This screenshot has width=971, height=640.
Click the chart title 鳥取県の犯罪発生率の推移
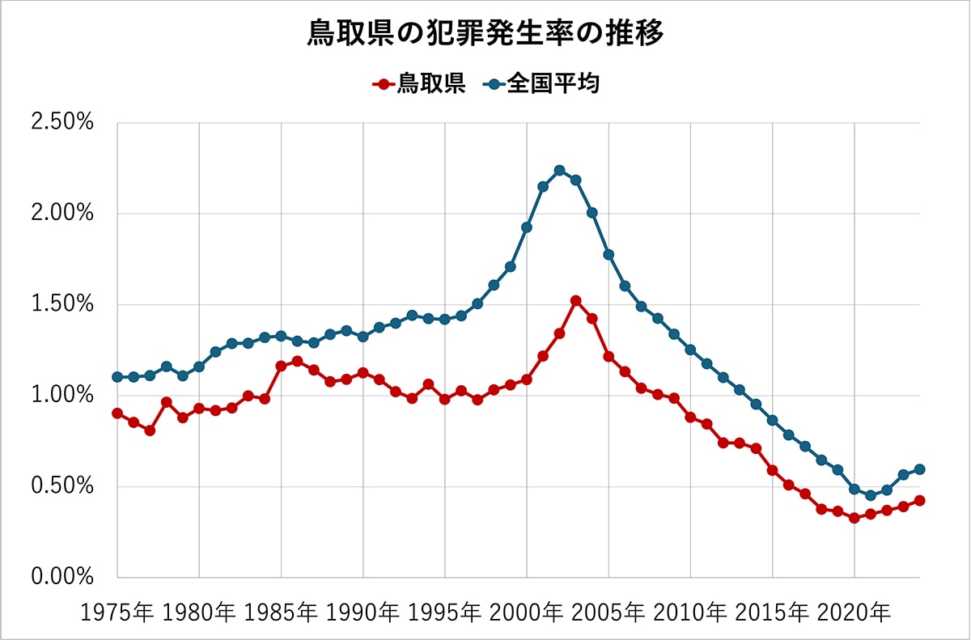[x=485, y=34]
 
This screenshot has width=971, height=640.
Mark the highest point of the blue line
[x=559, y=170]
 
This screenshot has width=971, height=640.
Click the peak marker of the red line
[x=575, y=300]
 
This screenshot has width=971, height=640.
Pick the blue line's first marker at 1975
[x=117, y=377]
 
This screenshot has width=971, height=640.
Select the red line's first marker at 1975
[x=117, y=413]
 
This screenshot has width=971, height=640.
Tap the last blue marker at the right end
[x=920, y=469]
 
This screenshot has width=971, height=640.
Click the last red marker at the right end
[x=920, y=500]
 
